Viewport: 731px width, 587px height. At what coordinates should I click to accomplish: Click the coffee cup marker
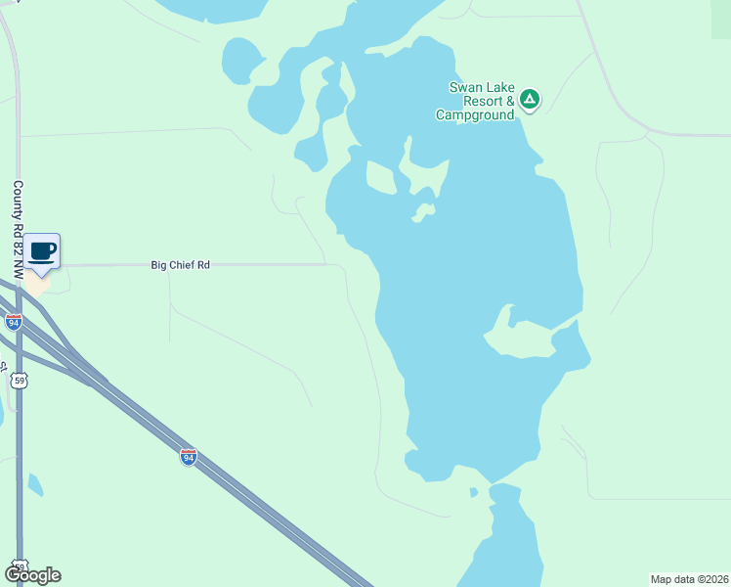(x=41, y=251)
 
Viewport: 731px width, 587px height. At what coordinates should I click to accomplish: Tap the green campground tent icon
(x=529, y=99)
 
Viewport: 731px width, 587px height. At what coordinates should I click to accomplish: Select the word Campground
(x=474, y=115)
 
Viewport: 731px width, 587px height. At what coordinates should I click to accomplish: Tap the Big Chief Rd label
(x=181, y=264)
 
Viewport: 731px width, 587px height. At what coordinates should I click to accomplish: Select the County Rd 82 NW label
(x=18, y=221)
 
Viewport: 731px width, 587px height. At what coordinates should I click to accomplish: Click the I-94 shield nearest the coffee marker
(x=14, y=321)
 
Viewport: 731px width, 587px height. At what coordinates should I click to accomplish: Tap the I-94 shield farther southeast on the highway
(x=189, y=457)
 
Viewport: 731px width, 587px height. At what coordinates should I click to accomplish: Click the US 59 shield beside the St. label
(x=18, y=380)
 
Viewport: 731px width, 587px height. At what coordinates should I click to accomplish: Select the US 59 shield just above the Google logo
(x=20, y=565)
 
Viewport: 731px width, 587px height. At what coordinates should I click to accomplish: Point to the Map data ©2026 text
(x=690, y=579)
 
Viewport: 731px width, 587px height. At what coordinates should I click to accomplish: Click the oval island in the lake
(x=380, y=177)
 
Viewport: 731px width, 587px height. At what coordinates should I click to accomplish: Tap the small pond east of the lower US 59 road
(x=35, y=483)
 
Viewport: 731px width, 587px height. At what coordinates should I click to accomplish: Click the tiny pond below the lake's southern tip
(x=473, y=492)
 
